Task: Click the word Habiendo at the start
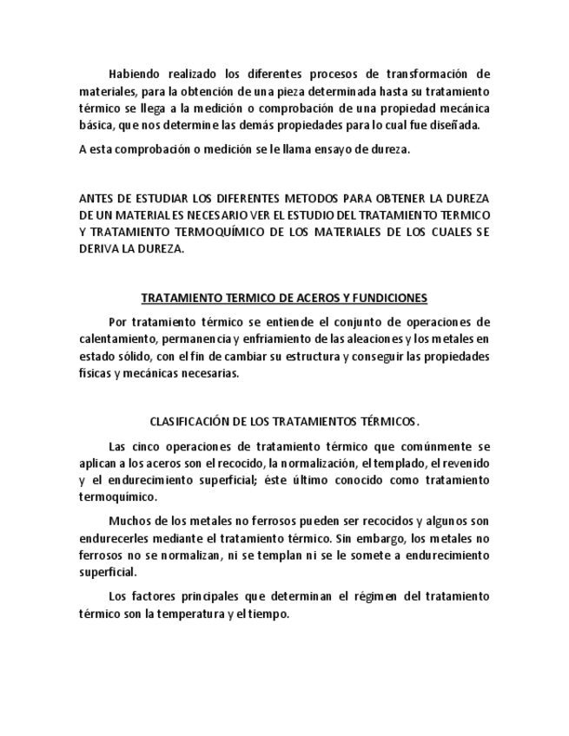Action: pyautogui.click(x=133, y=75)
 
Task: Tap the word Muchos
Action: pyautogui.click(x=128, y=522)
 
